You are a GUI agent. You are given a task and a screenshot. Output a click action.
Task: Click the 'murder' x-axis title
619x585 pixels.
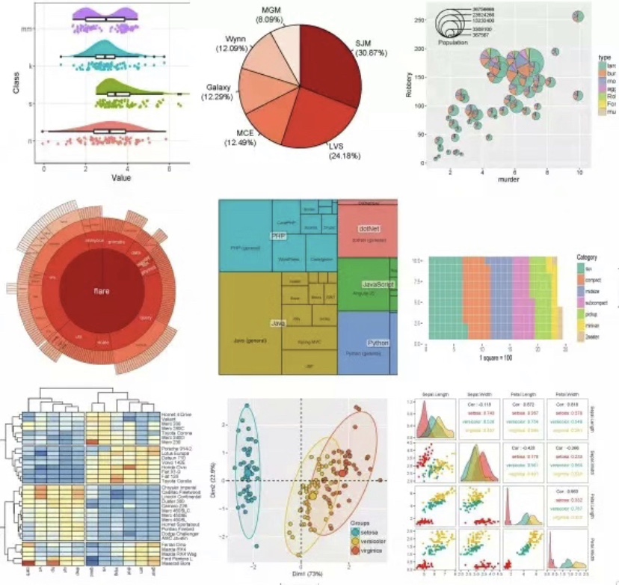click(x=508, y=180)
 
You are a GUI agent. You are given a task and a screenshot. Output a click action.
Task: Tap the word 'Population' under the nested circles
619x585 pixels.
click(x=452, y=43)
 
